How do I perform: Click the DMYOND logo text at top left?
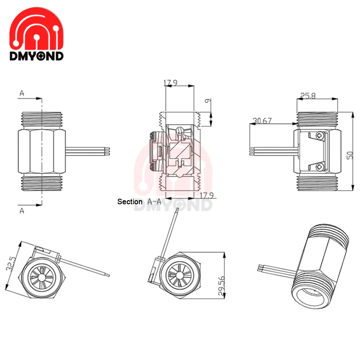[36, 56]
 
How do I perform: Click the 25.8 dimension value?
[308, 96]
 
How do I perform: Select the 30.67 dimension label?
[262, 121]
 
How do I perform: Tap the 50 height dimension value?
[350, 155]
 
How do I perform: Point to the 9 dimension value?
[208, 101]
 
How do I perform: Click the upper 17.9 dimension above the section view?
[170, 83]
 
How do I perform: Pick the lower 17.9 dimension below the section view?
[207, 195]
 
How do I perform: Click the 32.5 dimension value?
[11, 264]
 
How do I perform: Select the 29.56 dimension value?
[221, 285]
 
